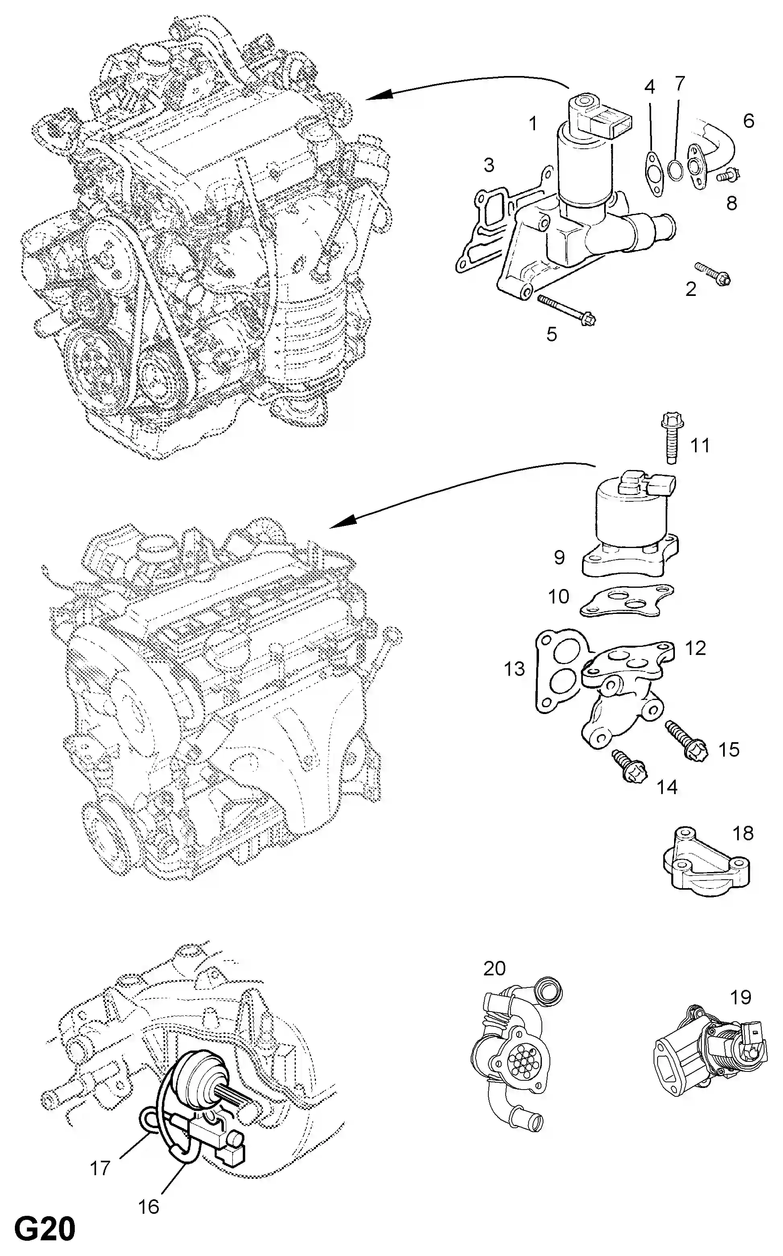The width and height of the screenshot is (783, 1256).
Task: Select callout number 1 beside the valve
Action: point(532,124)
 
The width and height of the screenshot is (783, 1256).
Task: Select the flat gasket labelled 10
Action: point(627,602)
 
